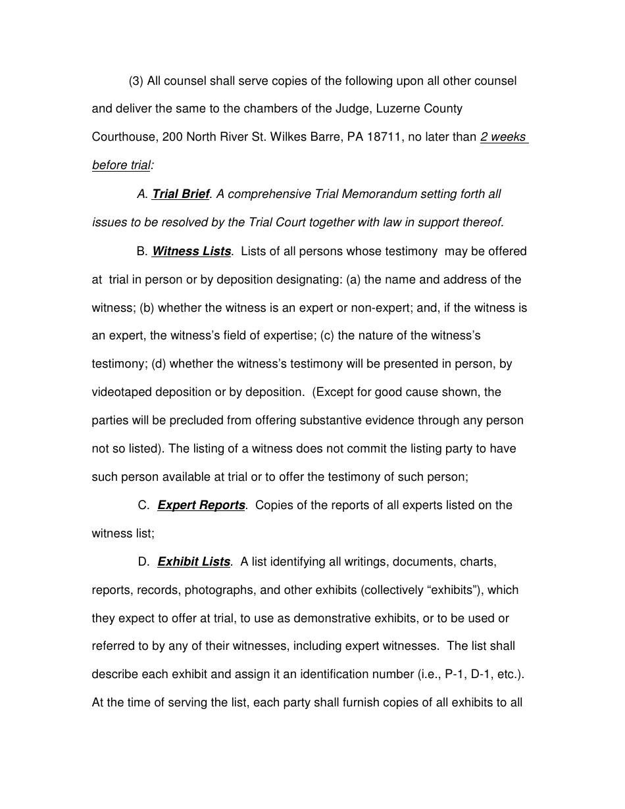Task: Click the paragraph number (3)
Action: point(136,81)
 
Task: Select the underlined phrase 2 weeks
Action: point(503,137)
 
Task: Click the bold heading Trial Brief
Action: point(180,194)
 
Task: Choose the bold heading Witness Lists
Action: point(191,251)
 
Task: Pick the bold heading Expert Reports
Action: point(201,505)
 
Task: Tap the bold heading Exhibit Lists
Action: point(194,562)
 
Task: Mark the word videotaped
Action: point(122,392)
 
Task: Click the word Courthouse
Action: point(123,137)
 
